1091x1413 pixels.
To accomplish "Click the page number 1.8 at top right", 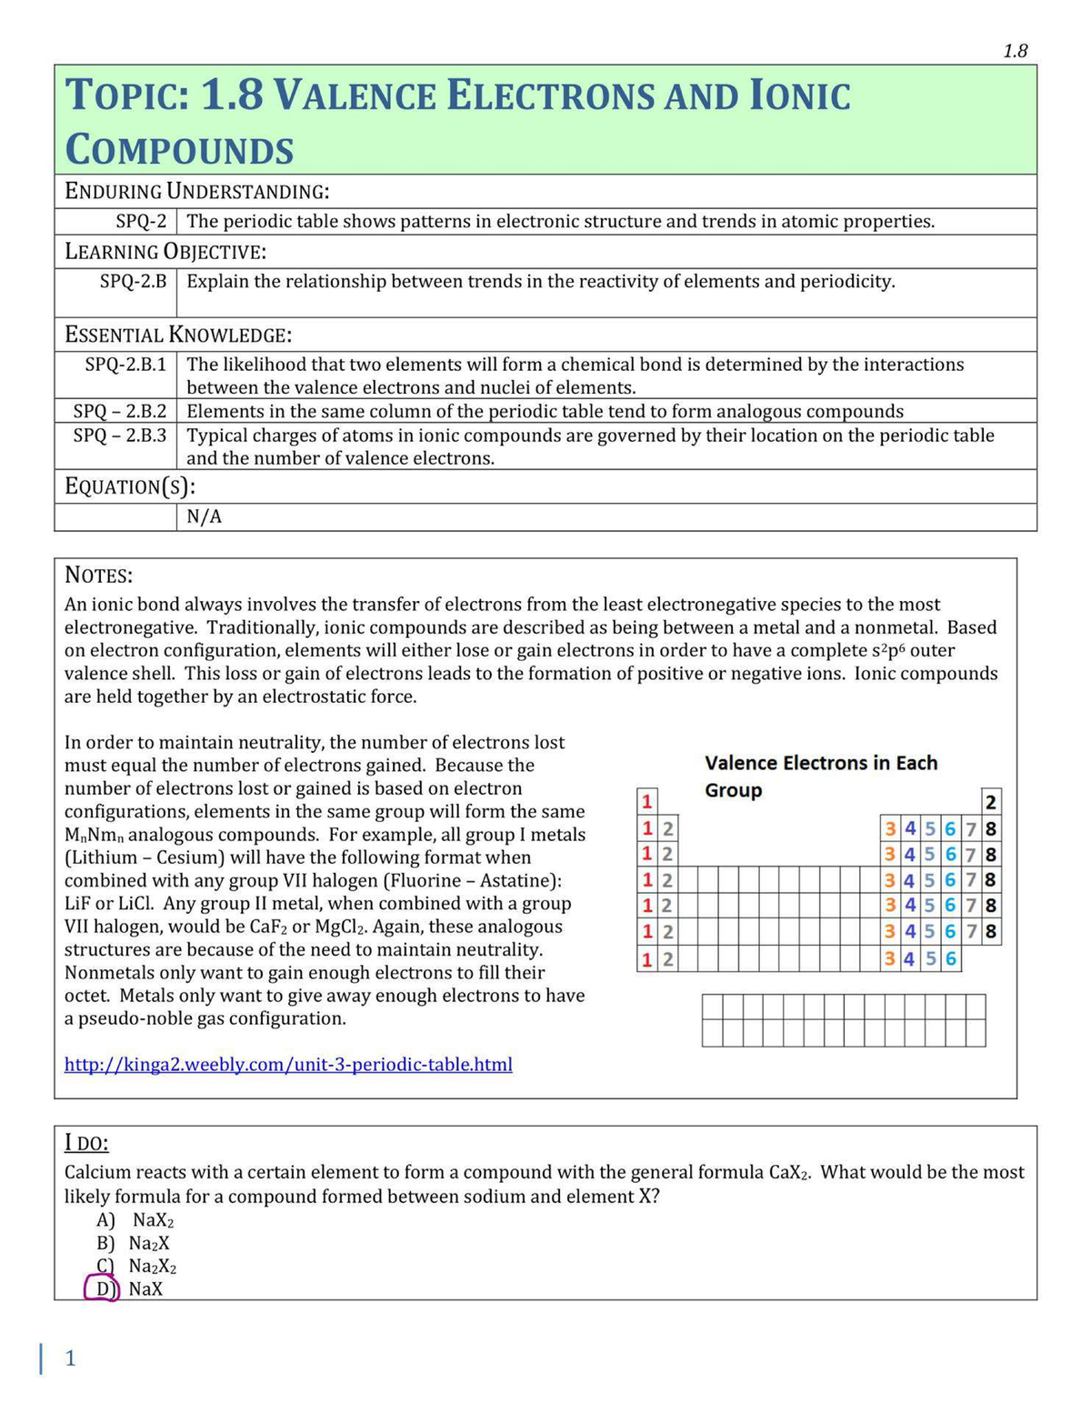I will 1015,51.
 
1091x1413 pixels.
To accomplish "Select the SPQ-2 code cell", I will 141,221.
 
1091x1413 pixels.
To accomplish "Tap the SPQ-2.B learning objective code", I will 133,281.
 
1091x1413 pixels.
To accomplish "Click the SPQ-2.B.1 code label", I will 125,365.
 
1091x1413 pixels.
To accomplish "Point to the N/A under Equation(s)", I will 204,516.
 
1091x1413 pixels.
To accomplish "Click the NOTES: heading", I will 98,575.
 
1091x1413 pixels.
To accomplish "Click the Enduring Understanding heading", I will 196,191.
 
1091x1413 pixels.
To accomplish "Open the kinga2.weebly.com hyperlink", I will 288,1064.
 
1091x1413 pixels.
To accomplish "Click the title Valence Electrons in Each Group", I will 820,776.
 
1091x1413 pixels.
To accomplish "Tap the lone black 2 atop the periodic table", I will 990,802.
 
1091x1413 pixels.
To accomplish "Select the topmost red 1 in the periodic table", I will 646,802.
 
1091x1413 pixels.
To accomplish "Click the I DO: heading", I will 86,1143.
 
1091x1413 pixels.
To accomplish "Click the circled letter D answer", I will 102,1288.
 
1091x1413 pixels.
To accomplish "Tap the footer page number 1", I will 70,1358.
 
